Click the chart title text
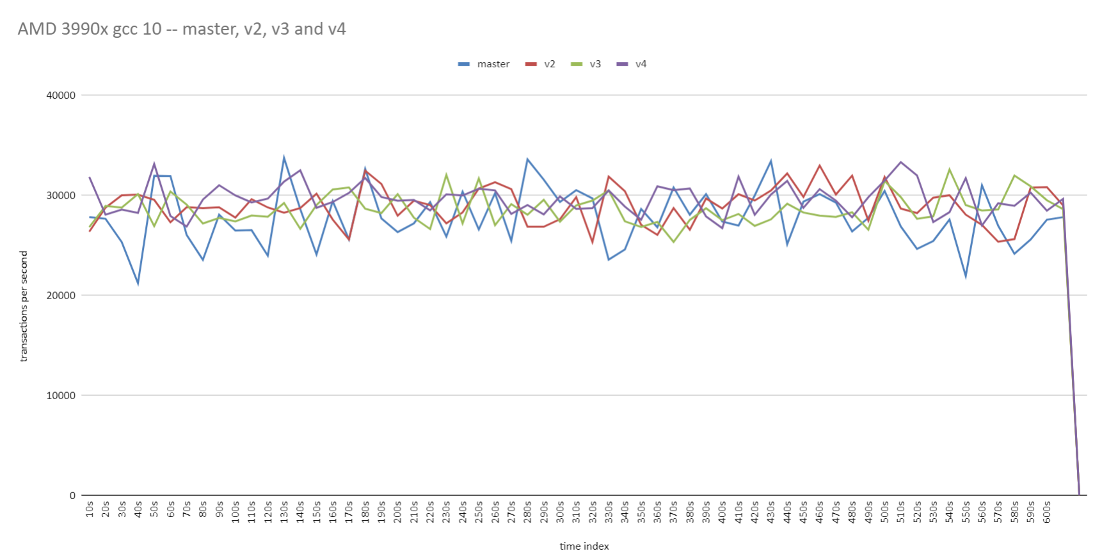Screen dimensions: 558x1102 click(182, 29)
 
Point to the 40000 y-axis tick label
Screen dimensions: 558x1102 click(61, 95)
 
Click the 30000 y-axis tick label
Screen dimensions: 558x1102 click(61, 195)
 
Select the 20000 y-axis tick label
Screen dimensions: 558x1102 click(61, 295)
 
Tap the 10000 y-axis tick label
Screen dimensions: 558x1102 click(61, 395)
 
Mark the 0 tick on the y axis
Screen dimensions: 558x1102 click(72, 495)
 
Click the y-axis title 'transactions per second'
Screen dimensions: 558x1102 click(24, 306)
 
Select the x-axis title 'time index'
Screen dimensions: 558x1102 click(584, 546)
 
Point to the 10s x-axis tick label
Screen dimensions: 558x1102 click(90, 509)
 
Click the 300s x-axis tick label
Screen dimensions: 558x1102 click(560, 512)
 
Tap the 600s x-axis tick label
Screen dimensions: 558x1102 click(1047, 512)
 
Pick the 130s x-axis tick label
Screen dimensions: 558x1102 click(284, 512)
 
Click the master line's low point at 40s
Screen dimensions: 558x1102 click(138, 283)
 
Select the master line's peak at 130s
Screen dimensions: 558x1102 click(284, 157)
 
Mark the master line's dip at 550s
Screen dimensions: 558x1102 click(966, 277)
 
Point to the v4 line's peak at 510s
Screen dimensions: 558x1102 click(901, 162)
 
